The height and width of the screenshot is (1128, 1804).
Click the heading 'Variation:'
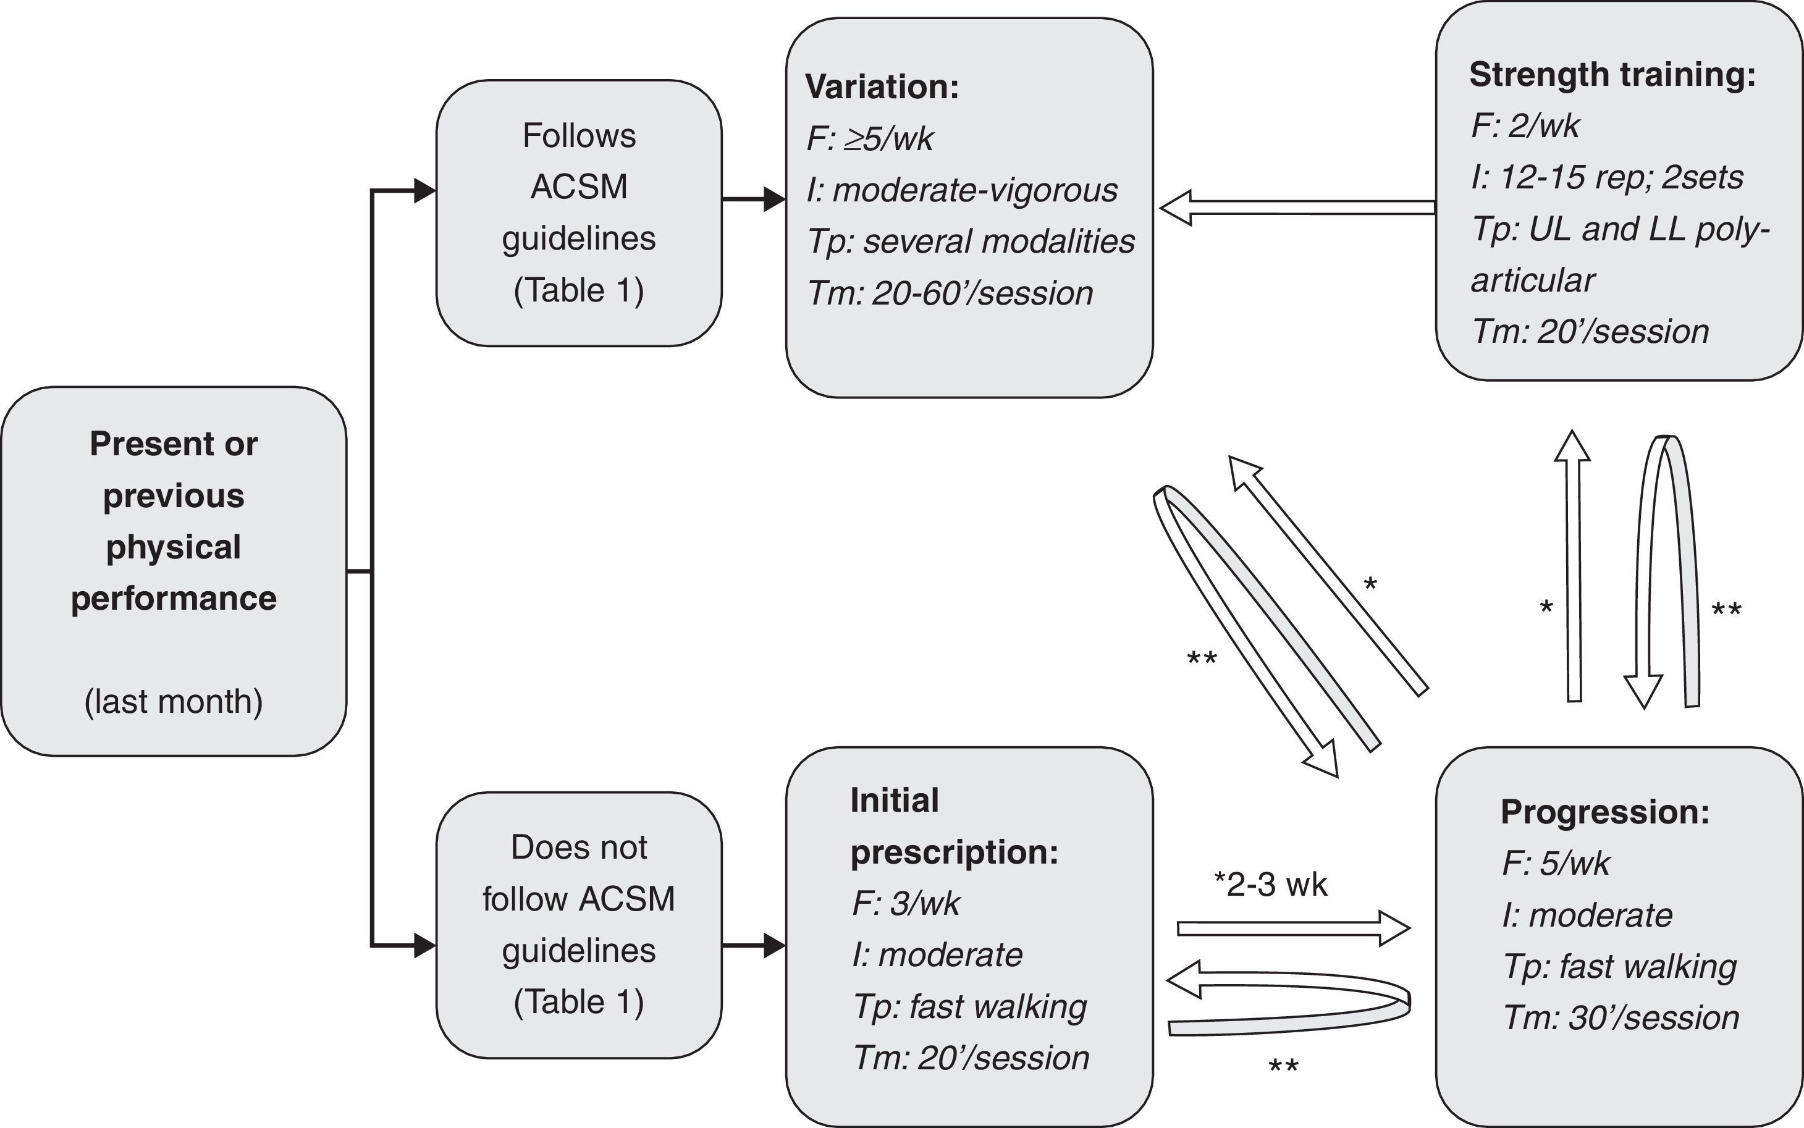tap(882, 87)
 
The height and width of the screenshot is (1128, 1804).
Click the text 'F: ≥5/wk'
tap(870, 139)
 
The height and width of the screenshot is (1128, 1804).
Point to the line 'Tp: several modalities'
tap(971, 242)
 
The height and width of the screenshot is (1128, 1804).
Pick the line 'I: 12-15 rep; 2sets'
tap(1607, 177)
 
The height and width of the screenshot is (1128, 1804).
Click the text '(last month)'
tap(174, 702)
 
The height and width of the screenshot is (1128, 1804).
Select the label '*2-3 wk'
tap(1271, 885)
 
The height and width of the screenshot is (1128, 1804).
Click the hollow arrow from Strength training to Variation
tap(1297, 208)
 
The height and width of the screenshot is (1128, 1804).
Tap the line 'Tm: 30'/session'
tap(1621, 1018)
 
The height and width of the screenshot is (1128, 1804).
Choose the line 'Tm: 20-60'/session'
tap(950, 293)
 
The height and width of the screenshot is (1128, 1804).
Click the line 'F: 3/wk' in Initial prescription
tap(906, 903)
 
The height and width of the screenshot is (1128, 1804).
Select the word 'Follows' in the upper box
tap(579, 136)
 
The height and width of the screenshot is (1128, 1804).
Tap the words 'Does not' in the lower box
tap(579, 848)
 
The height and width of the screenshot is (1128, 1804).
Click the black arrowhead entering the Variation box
tap(774, 199)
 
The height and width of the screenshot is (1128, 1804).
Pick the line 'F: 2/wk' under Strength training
tap(1525, 125)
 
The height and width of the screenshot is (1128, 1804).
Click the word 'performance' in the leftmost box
tap(174, 599)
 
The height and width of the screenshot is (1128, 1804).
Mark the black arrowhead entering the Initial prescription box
tap(774, 946)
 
